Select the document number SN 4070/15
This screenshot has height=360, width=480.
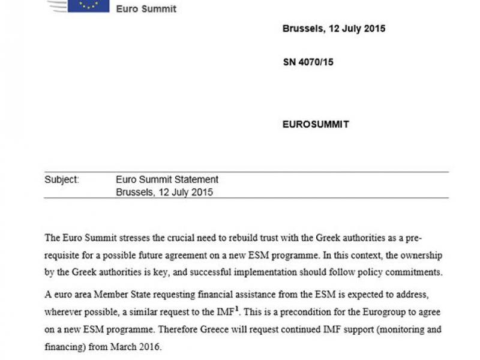[308, 62]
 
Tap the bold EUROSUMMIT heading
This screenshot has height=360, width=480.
[316, 125]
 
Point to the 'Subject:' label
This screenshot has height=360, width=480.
[61, 179]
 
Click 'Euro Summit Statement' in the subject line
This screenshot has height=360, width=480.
[167, 179]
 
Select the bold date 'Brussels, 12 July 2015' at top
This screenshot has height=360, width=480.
[334, 28]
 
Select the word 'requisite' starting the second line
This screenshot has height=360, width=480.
[63, 256]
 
